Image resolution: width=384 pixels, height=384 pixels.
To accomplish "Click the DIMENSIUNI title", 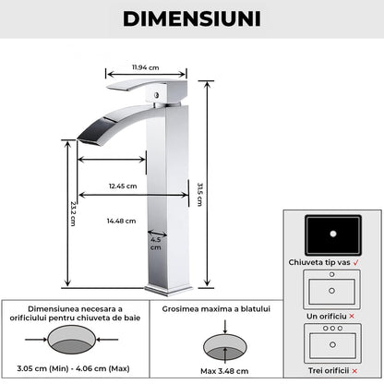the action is [x=192, y=18].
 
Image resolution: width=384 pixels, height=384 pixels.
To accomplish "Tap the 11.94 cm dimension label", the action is [x=146, y=67].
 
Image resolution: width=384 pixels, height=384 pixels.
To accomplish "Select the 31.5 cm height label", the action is [x=200, y=195].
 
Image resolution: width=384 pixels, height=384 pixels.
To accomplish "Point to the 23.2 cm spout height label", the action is [x=73, y=214].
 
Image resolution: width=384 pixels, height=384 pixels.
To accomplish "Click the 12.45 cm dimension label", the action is [x=123, y=186].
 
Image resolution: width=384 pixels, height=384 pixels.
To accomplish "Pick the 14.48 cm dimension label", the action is [x=121, y=221].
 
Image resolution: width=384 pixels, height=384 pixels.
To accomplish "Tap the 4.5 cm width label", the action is [x=156, y=244].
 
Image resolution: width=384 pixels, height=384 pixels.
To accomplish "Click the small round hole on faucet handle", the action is [x=157, y=95].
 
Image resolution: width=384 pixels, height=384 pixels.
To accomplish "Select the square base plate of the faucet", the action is [x=168, y=290].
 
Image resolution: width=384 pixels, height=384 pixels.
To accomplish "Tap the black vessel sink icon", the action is [x=333, y=234].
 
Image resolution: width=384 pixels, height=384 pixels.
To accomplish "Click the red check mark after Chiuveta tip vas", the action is [x=356, y=262].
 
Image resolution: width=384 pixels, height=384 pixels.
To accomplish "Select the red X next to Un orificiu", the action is [x=352, y=316].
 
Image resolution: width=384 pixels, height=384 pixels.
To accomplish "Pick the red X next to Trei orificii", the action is [x=354, y=371].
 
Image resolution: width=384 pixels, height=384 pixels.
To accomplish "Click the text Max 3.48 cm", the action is [x=224, y=371].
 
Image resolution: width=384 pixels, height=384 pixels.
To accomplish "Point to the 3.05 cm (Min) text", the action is [x=42, y=368].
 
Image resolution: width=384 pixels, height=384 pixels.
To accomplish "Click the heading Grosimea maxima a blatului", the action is [x=216, y=309].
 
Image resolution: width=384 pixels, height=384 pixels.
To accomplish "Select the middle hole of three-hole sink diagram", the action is [x=332, y=329].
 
